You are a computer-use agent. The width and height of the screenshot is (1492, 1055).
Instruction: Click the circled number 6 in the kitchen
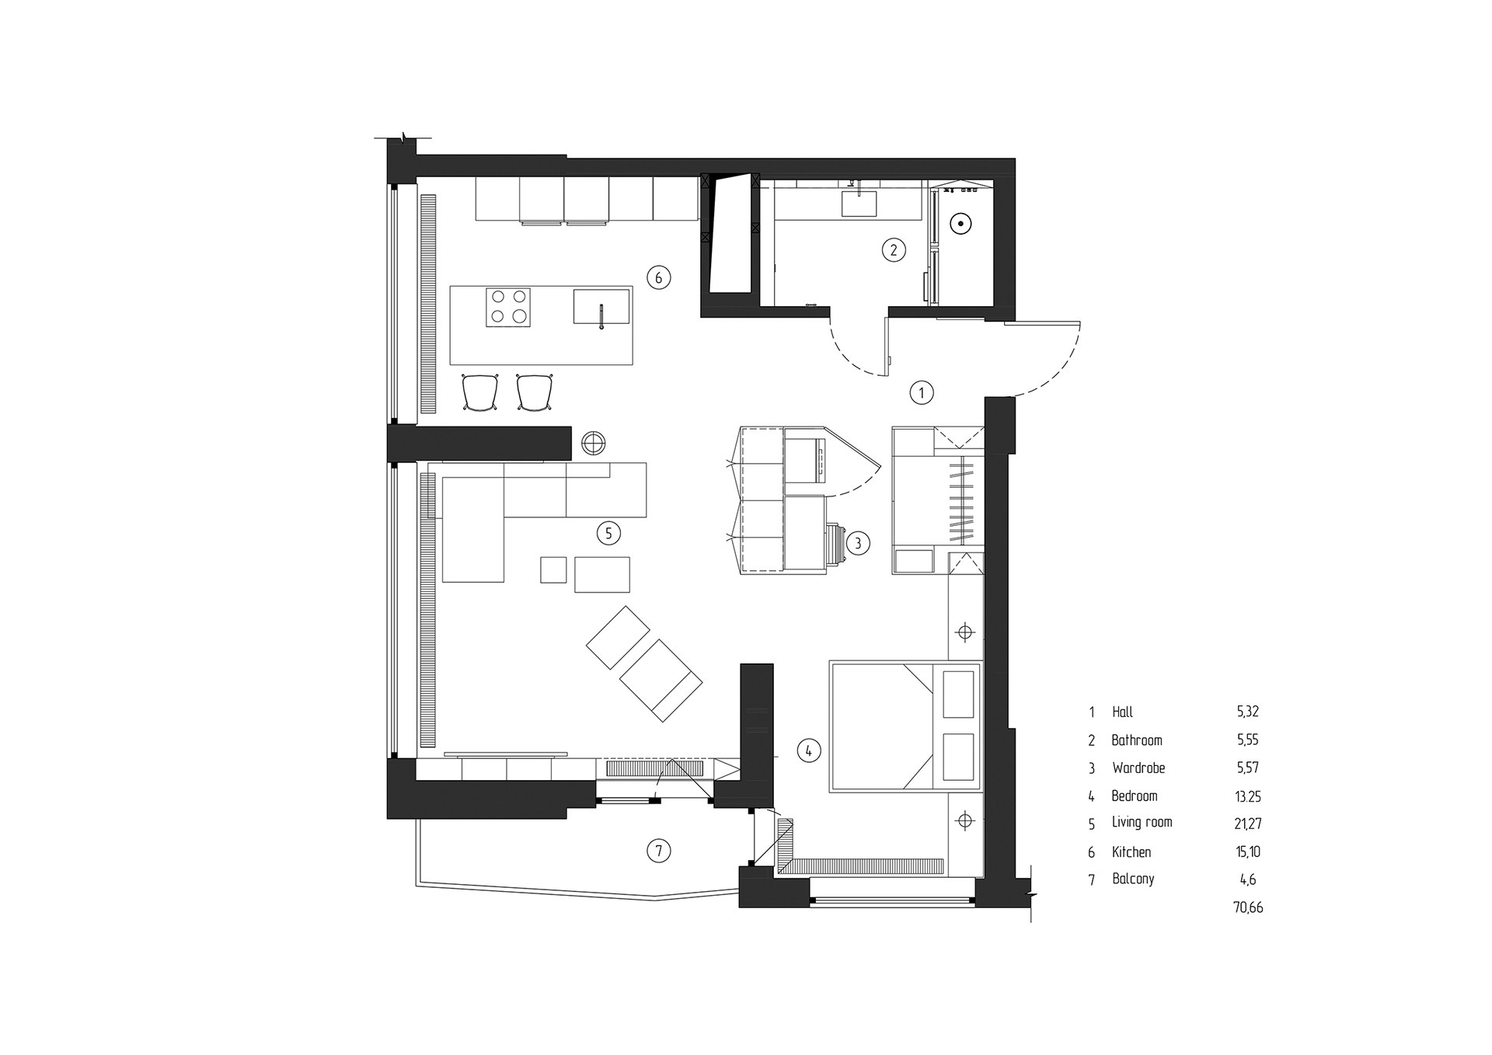click(658, 277)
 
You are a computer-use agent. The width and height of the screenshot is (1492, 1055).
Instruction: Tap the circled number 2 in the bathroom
click(894, 249)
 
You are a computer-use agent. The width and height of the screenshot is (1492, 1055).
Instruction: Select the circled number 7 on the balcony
click(658, 851)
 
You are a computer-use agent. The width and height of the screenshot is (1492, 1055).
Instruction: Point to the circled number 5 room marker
click(608, 533)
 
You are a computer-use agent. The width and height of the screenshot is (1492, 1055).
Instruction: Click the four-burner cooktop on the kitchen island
click(508, 307)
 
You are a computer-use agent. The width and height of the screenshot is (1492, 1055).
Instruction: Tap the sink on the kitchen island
click(601, 306)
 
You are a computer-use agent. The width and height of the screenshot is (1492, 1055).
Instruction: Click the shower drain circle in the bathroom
click(961, 225)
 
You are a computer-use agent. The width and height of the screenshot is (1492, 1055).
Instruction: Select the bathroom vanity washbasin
click(859, 204)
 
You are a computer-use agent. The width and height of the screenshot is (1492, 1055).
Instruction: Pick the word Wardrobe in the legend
click(1138, 768)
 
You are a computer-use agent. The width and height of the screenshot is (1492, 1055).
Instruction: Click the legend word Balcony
click(1133, 879)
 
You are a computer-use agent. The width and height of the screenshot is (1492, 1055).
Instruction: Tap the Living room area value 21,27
click(1248, 823)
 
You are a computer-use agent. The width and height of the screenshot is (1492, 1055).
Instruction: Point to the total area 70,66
click(1248, 907)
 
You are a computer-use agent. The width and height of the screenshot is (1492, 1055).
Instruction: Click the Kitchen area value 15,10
click(1248, 852)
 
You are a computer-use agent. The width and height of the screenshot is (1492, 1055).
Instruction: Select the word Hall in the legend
click(1122, 712)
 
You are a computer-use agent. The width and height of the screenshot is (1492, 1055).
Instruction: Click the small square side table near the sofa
click(554, 569)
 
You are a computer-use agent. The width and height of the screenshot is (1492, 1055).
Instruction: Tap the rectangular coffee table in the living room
click(602, 574)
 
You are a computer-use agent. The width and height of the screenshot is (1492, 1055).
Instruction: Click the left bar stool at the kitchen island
click(479, 392)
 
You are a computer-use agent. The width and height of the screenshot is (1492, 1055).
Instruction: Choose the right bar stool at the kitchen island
click(535, 392)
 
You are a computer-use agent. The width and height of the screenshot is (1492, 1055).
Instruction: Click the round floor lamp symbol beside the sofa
click(593, 443)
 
